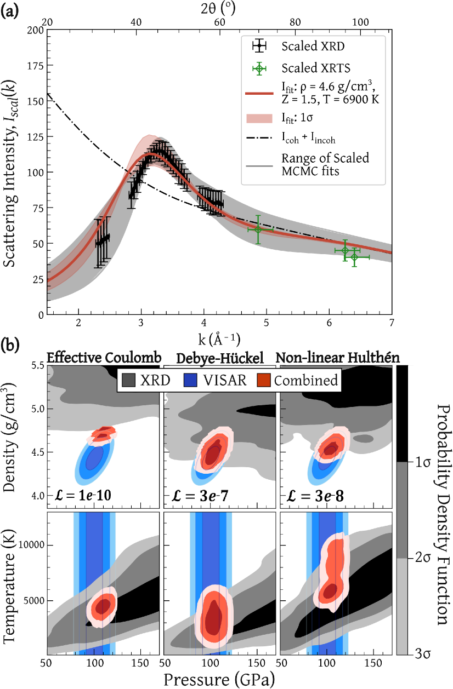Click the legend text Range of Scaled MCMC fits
tap(325, 164)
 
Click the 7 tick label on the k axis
tap(391, 323)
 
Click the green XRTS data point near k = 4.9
tap(257, 229)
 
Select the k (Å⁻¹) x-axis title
tap(218, 335)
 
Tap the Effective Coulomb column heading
tap(103, 357)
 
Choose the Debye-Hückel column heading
tap(220, 357)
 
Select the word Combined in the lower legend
tap(305, 380)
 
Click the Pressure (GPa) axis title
tap(219, 678)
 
